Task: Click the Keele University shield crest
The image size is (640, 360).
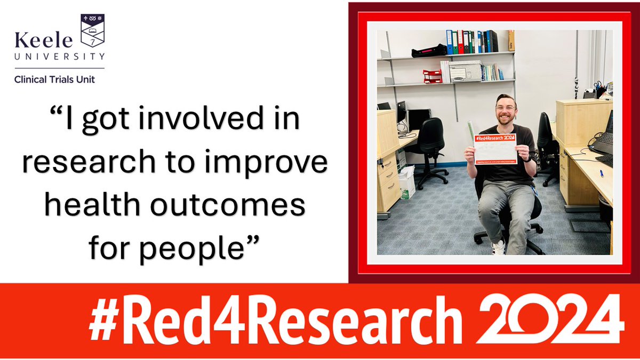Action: click(x=92, y=31)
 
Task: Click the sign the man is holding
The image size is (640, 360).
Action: click(x=495, y=149)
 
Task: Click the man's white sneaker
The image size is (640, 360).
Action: click(x=498, y=247)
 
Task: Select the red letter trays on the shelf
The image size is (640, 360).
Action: click(x=433, y=77)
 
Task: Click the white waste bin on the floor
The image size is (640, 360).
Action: click(x=407, y=182)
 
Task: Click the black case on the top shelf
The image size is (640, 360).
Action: click(x=429, y=51)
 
